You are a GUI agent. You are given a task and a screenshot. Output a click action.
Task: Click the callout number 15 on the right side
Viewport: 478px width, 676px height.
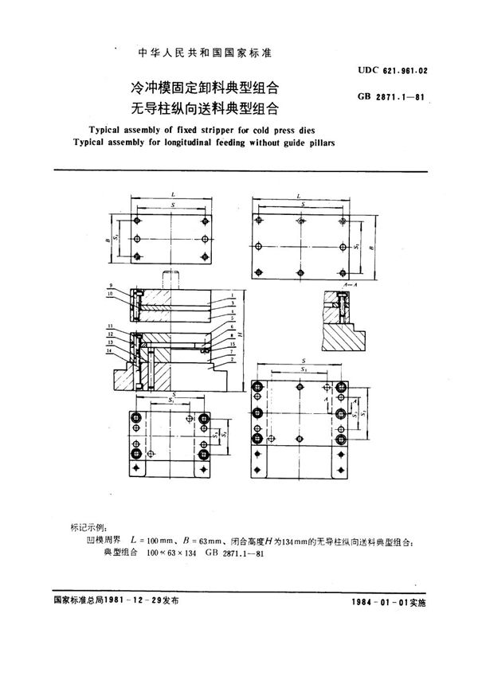232,343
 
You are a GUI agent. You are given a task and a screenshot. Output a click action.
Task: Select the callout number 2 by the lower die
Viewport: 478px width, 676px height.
232,360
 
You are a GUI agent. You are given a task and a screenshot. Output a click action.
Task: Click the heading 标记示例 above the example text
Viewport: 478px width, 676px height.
92,529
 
